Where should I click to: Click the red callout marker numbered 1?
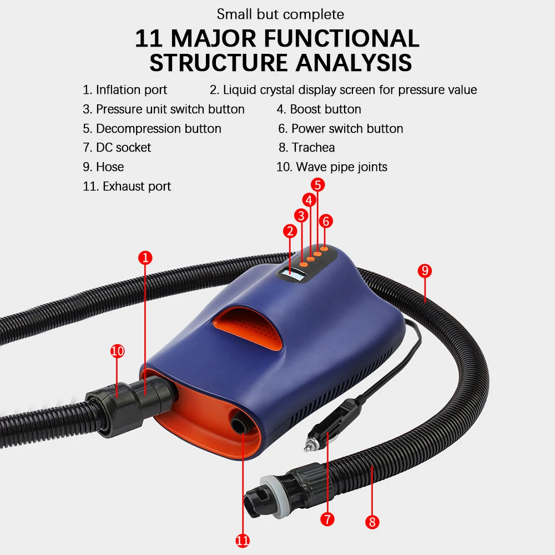click(145, 258)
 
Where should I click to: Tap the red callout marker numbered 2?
click(289, 231)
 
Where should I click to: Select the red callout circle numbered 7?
click(327, 519)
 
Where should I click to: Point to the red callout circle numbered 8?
click(372, 522)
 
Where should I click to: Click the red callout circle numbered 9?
click(425, 271)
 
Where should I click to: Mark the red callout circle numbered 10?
click(117, 351)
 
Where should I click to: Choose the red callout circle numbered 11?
click(243, 540)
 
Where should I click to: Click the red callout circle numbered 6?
click(326, 221)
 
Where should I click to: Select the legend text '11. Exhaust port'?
click(127, 186)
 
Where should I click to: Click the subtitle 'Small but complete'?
click(280, 14)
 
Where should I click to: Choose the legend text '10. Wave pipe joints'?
click(332, 167)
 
